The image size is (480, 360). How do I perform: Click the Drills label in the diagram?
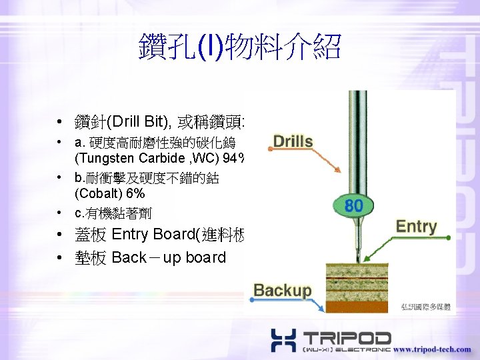pos(293,142)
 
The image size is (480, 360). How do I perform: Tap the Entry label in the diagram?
pos(415,227)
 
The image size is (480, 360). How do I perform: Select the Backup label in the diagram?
pos(282,290)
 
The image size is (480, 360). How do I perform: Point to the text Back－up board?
pos(169,257)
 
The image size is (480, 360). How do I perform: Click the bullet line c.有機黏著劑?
pos(113,213)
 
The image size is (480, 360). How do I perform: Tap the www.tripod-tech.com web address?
pos(431,349)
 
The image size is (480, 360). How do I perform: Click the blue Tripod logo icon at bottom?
pos(283,340)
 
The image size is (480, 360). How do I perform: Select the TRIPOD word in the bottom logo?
pos(347,336)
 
